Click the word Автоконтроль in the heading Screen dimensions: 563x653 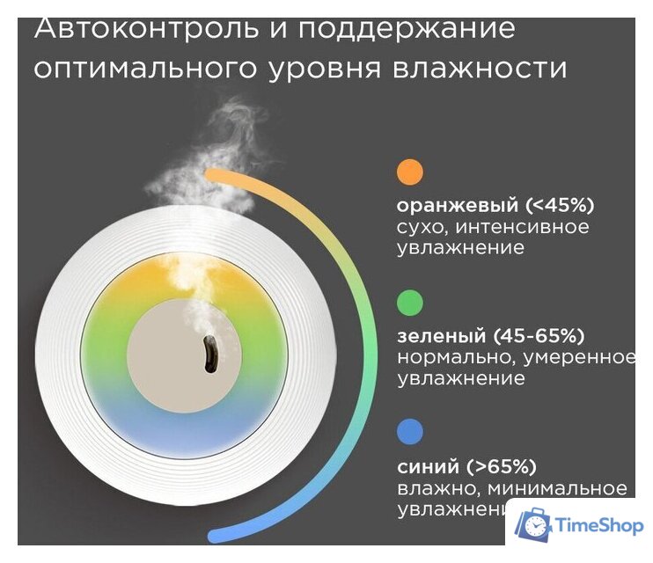[x=145, y=28]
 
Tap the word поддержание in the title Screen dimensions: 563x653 [x=406, y=28]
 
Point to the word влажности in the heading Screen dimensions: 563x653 [x=484, y=68]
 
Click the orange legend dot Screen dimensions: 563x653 [x=410, y=172]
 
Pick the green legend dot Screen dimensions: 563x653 [x=410, y=303]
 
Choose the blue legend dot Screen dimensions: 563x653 [x=410, y=432]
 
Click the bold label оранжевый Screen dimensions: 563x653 [x=458, y=206]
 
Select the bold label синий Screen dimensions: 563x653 [x=428, y=466]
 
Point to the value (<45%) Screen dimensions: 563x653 [x=561, y=206]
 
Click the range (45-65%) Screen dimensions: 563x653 [x=539, y=337]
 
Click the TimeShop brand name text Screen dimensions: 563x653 [x=598, y=526]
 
